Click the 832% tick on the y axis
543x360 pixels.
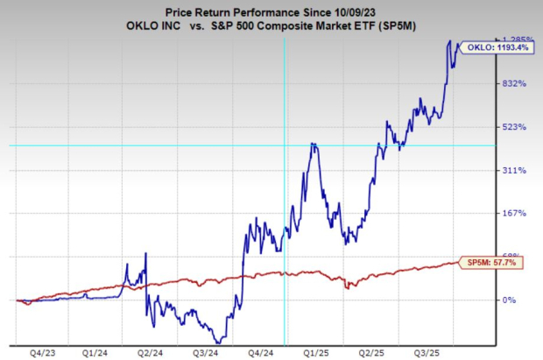488,83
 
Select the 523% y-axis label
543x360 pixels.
488,127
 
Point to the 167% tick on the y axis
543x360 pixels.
488,213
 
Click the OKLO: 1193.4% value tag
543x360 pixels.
496,46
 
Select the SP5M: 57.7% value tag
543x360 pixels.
491,262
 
